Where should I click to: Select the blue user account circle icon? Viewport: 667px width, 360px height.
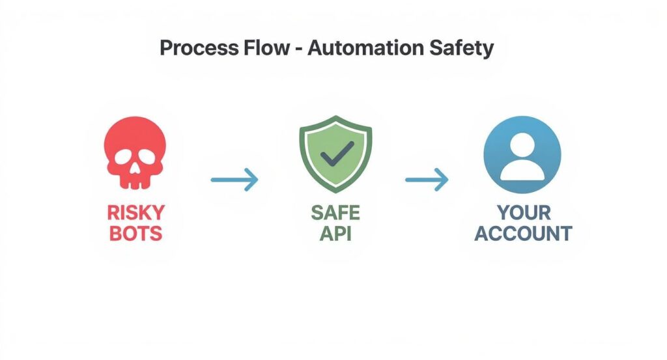pos(522,154)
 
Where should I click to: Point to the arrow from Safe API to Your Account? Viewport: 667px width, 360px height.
pos(427,178)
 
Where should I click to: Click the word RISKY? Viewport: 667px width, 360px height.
pos(137,213)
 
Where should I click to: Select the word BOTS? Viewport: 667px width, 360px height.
pos(137,234)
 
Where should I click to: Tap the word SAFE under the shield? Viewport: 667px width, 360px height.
pos(335,213)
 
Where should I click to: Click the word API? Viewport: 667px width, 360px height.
pos(335,234)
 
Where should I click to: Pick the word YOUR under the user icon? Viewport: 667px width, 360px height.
pos(523,213)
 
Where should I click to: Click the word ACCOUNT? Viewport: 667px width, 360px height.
pos(523,234)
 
